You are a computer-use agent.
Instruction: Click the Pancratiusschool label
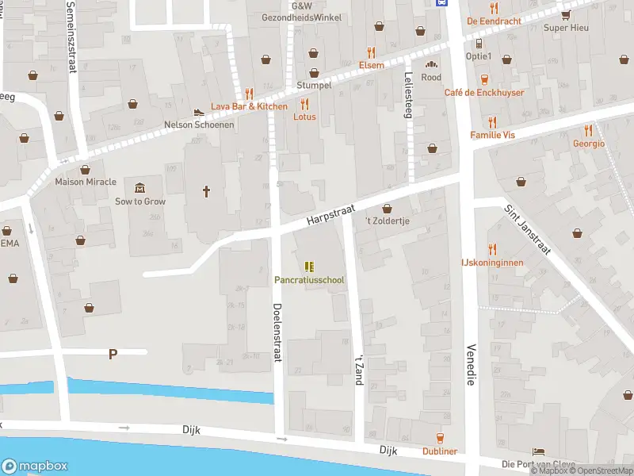click(x=310, y=280)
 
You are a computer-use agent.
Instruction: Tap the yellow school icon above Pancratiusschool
click(x=310, y=267)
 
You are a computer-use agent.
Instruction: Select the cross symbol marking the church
click(x=207, y=191)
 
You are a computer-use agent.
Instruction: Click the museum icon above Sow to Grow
click(x=140, y=188)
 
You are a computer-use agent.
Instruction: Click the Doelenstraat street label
click(x=277, y=332)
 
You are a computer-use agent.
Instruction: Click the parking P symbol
click(x=113, y=355)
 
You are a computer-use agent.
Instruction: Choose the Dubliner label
click(x=439, y=451)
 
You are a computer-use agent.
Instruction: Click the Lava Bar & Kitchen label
click(x=249, y=106)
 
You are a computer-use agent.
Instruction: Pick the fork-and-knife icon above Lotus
click(x=304, y=104)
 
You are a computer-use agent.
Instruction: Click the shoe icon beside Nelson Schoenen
click(x=198, y=112)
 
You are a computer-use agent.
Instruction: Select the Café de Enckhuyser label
click(x=484, y=93)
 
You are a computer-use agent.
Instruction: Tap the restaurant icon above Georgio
click(x=588, y=130)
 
